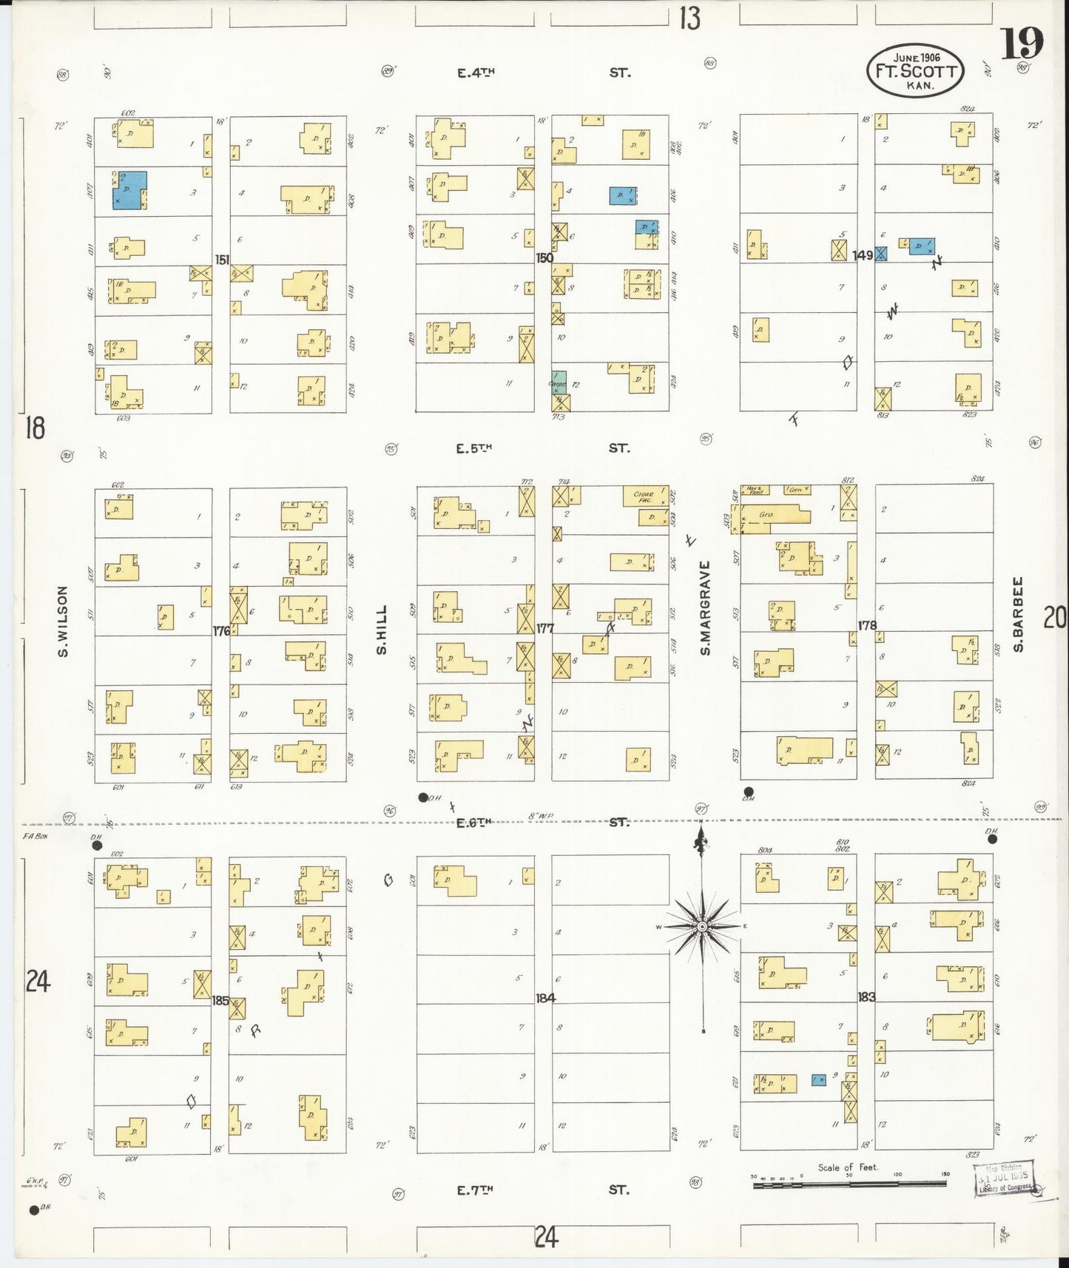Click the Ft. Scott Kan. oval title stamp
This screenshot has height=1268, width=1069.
pyautogui.click(x=916, y=71)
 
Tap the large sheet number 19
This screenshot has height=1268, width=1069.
pyautogui.click(x=1022, y=44)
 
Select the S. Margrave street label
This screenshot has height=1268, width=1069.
pyautogui.click(x=705, y=607)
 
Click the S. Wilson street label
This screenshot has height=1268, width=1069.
pyautogui.click(x=63, y=621)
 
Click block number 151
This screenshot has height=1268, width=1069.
pyautogui.click(x=221, y=260)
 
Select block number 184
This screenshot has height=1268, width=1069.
pyautogui.click(x=545, y=998)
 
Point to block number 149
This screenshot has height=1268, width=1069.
pyautogui.click(x=863, y=255)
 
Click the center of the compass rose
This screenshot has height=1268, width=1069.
pyautogui.click(x=701, y=926)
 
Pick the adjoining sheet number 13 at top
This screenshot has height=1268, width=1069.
pyautogui.click(x=689, y=18)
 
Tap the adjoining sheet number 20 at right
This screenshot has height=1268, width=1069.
pyautogui.click(x=1055, y=616)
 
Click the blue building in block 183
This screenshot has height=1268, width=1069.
pyautogui.click(x=818, y=1080)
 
